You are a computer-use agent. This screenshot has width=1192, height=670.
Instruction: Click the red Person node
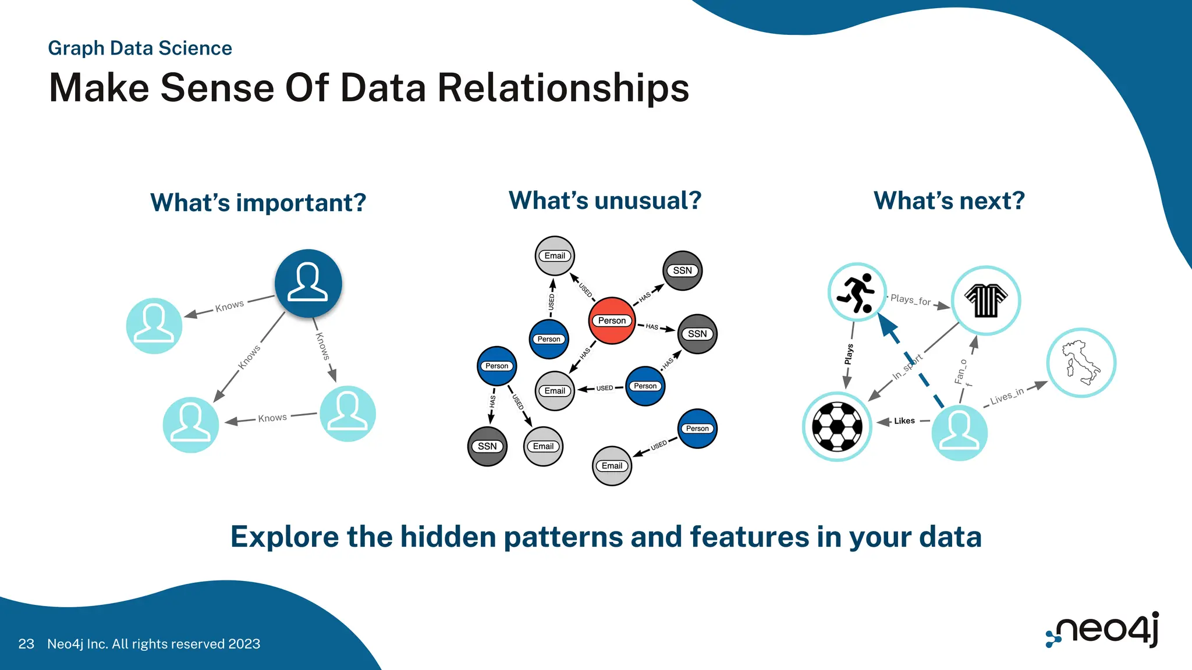click(x=612, y=320)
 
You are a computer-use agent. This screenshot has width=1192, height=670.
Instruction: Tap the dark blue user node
click(x=308, y=283)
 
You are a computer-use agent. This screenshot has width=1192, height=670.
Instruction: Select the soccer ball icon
click(x=837, y=426)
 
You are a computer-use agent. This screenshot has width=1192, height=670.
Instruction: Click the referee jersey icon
click(x=986, y=300)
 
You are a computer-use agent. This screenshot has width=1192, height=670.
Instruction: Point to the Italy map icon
click(x=1081, y=362)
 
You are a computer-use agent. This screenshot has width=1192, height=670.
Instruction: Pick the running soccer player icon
click(x=857, y=293)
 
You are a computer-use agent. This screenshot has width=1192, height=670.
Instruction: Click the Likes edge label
click(x=904, y=420)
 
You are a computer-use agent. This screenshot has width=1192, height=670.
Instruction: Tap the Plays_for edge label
click(x=910, y=300)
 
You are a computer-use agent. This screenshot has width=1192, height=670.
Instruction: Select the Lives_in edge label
click(x=1006, y=396)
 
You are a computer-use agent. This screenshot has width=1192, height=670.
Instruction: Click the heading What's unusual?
click(x=605, y=201)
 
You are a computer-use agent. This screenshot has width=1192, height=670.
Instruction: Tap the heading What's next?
click(x=949, y=201)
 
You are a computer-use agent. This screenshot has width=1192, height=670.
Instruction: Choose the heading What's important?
click(x=258, y=203)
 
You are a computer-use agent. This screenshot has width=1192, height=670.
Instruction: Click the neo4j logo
click(x=1102, y=629)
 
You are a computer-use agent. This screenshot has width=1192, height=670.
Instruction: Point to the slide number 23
click(x=26, y=644)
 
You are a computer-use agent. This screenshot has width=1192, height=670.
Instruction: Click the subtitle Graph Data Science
click(x=140, y=48)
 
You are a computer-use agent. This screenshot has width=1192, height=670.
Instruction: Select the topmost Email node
click(x=555, y=256)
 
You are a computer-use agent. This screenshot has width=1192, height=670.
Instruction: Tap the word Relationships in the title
click(x=563, y=88)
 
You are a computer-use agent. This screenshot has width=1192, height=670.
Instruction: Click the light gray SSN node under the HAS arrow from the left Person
click(x=487, y=446)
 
